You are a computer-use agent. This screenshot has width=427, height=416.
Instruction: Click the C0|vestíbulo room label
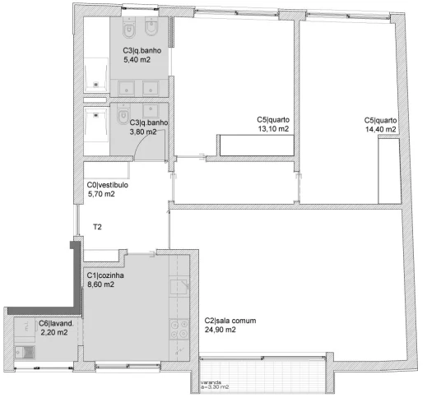click(107, 186)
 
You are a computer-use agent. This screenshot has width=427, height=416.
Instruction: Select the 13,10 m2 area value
click(273, 129)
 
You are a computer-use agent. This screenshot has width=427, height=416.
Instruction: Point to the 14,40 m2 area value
click(381, 129)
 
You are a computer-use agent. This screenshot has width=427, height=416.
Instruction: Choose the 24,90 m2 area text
click(220, 330)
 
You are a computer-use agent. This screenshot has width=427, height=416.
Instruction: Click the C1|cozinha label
click(106, 276)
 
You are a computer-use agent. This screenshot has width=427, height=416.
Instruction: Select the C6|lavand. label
click(57, 323)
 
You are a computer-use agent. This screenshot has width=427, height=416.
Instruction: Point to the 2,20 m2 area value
click(54, 332)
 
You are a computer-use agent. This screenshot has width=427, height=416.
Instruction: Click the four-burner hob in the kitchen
click(178, 331)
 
